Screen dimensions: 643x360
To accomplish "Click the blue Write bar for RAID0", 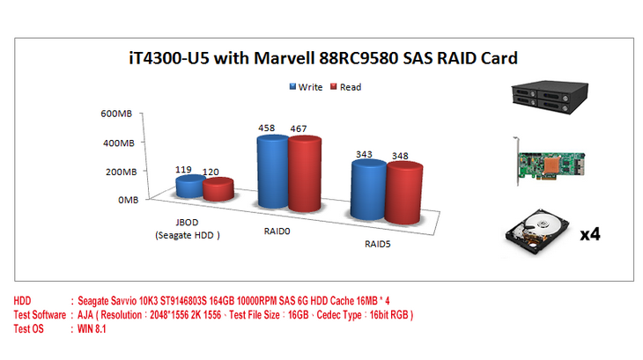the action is [273, 171].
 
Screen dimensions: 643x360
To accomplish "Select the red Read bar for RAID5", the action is [404, 193].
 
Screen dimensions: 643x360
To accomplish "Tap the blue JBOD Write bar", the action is [190, 187].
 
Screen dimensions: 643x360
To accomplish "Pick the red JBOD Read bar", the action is [218, 189].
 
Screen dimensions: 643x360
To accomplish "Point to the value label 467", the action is [298, 129].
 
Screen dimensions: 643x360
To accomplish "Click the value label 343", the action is [364, 154].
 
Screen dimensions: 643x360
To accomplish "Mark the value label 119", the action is [183, 170].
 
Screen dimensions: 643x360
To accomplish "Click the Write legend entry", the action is [306, 87].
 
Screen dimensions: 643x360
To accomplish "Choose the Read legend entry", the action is [345, 87].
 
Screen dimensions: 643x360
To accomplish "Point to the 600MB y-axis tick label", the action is [116, 114].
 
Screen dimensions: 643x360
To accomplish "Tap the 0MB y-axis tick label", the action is [128, 200].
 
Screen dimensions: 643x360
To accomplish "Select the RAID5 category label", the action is [377, 244].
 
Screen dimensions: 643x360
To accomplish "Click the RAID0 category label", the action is [277, 231].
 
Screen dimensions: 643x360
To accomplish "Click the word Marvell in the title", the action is [285, 58].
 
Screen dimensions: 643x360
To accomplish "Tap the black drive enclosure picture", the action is [550, 97].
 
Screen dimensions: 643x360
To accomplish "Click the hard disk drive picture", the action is [537, 232].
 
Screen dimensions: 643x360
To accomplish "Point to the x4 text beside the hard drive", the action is [590, 234].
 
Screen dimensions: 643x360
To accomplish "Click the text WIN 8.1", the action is [92, 329].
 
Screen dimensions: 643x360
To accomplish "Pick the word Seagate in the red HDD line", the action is [92, 301].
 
